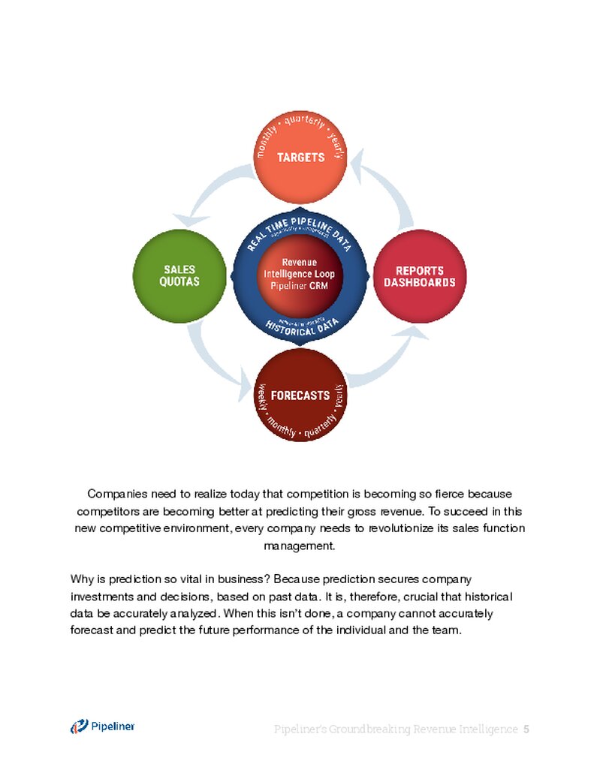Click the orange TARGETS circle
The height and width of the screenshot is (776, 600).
pos(300,158)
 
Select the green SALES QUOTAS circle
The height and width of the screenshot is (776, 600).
pos(179,276)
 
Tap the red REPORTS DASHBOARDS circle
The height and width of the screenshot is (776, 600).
pos(420,276)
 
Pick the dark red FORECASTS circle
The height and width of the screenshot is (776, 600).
pos(300,396)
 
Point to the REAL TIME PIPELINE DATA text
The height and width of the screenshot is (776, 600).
pos(300,224)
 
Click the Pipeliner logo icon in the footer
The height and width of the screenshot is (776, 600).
pos(79,726)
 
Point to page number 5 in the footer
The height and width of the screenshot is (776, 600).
pos(526,729)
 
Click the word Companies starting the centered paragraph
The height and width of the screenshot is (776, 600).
pos(113,494)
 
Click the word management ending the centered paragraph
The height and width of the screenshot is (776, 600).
pos(300,546)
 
